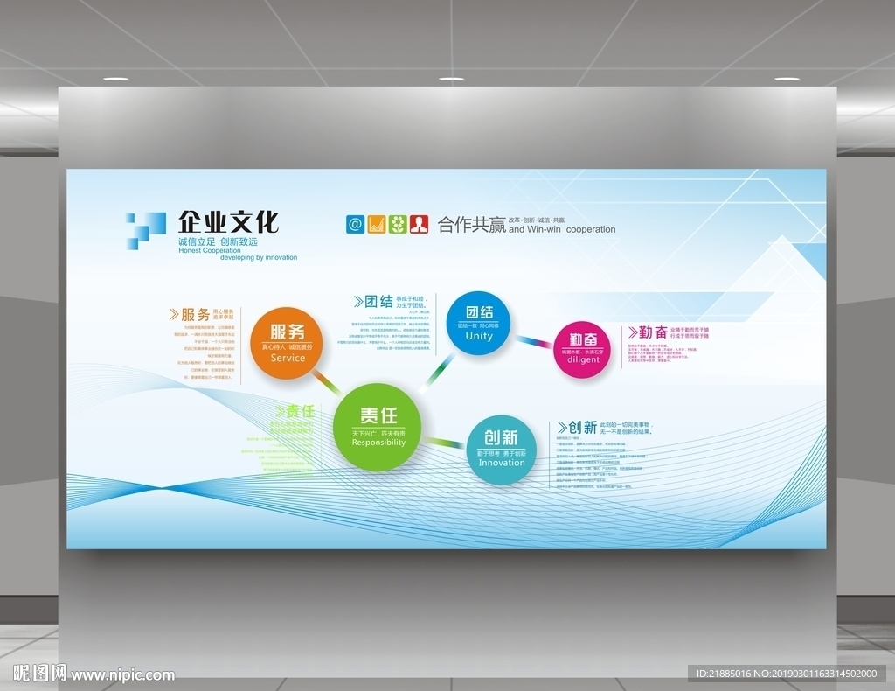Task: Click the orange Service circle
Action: point(288,343)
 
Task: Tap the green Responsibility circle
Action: point(378,427)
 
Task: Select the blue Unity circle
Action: point(478,323)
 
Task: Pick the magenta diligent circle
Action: point(583,349)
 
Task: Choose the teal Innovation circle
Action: point(501,449)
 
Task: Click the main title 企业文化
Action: point(228,222)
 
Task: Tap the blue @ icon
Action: point(355,224)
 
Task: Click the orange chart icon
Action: point(377,224)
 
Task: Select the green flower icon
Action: point(398,224)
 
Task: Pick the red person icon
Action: point(420,224)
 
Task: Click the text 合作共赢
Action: point(472,226)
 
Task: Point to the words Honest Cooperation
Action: point(209,250)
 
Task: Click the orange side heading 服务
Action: point(195,314)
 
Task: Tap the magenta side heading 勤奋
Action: point(653,332)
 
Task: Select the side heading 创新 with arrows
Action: point(582,428)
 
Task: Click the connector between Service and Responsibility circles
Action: point(327,380)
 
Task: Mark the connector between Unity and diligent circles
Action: point(531,340)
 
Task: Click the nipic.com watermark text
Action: point(122,675)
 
